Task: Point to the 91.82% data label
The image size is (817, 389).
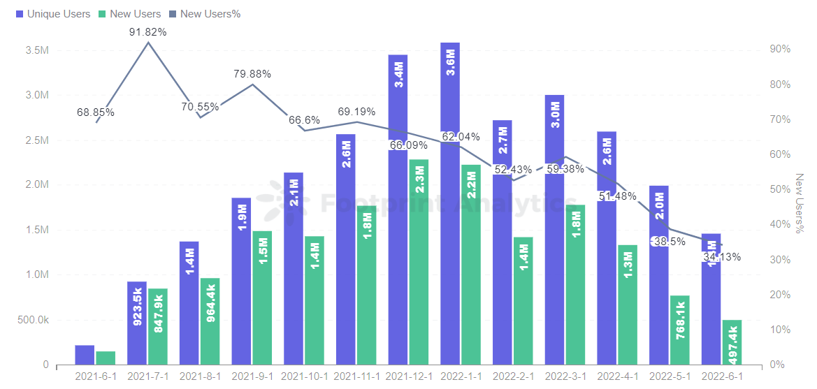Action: (147, 32)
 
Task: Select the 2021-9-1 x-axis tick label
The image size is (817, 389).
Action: (252, 376)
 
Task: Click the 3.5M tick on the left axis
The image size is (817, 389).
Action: (36, 50)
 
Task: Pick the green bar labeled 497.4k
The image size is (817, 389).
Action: (732, 342)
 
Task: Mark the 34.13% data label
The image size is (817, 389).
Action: (722, 256)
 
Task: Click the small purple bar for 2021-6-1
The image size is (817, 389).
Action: (85, 355)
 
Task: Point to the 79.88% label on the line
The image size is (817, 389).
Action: (252, 74)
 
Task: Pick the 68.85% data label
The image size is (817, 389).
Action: (95, 112)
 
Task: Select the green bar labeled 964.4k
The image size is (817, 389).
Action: (210, 321)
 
